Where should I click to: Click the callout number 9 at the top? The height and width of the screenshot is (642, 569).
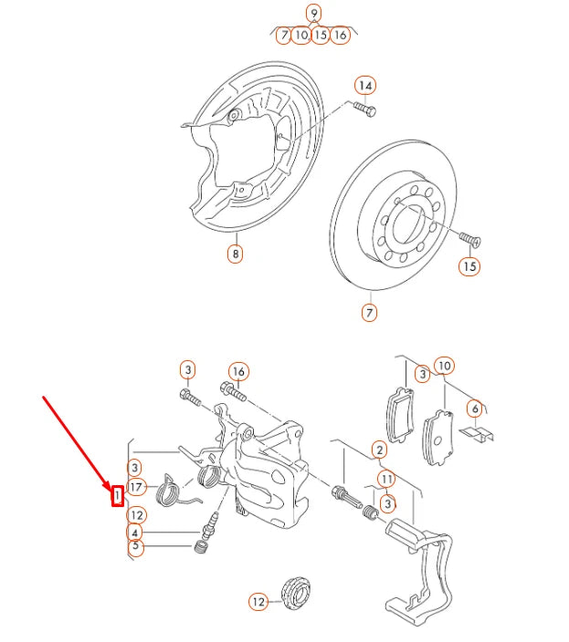tap(314, 13)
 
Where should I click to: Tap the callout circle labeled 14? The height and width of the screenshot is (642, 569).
tap(365, 87)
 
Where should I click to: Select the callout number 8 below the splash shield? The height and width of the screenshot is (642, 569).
tap(236, 254)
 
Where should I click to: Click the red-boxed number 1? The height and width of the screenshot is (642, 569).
tap(118, 495)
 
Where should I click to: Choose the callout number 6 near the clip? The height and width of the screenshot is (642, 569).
tap(474, 409)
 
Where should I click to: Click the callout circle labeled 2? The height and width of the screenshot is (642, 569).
tap(379, 450)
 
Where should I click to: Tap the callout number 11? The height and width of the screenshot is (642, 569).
tap(386, 479)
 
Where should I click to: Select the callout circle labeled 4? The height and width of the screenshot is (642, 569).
tap(135, 533)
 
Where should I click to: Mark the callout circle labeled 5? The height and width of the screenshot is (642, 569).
tap(135, 548)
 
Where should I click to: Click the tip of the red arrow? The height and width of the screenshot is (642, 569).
tap(111, 484)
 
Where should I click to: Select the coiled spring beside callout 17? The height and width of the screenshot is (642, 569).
tap(171, 491)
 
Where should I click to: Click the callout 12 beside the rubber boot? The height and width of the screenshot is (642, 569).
tap(258, 601)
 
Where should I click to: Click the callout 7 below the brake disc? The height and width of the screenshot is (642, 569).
tap(369, 312)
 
